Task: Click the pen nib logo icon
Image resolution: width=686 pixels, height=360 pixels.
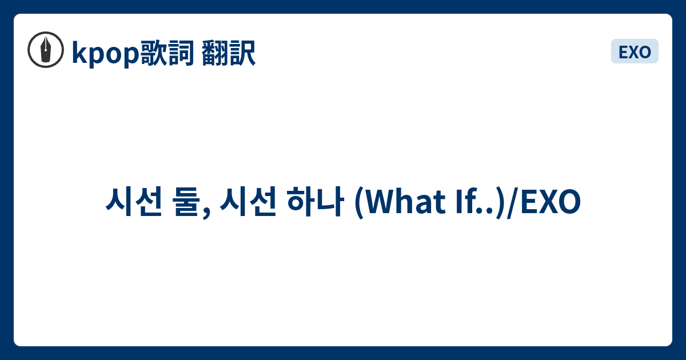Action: click(46, 50)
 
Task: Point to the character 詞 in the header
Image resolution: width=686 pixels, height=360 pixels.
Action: click(181, 53)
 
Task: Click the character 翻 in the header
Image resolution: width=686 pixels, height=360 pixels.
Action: click(215, 53)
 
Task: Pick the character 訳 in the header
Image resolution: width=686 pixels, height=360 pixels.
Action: click(242, 53)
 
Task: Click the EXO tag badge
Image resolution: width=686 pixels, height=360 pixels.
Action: click(635, 51)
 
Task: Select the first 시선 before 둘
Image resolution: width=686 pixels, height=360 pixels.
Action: click(134, 201)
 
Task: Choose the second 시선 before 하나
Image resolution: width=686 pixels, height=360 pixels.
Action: click(248, 201)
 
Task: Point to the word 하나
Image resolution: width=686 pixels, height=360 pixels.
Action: click(315, 201)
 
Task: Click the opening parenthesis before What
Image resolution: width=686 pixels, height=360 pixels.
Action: click(359, 203)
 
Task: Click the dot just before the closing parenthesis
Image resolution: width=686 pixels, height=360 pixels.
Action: click(490, 210)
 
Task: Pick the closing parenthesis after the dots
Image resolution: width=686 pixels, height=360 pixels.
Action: click(500, 203)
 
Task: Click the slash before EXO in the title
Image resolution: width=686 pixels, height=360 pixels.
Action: click(512, 203)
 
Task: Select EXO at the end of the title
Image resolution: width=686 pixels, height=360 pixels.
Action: click(551, 201)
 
